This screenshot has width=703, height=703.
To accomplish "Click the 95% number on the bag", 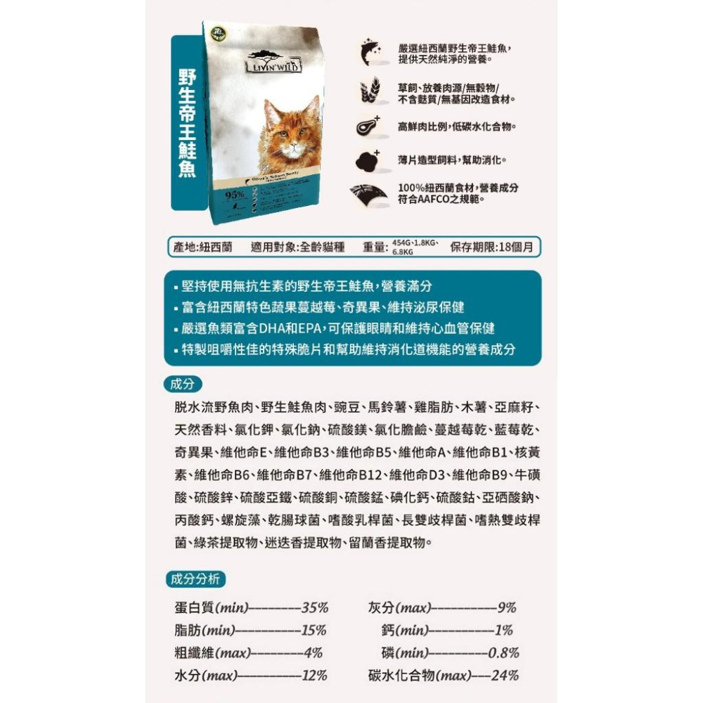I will point(235,194).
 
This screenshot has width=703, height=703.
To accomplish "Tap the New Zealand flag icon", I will point(369,194).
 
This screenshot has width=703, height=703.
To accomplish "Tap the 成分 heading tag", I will point(182,384).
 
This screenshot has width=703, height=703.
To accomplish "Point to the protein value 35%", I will point(315,608).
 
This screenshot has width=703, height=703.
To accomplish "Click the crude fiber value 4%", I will point(314,652).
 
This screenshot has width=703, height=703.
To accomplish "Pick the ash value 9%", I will point(507,608).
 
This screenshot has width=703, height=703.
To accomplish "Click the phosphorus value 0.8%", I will point(503,652).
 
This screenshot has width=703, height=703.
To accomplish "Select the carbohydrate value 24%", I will point(505,676).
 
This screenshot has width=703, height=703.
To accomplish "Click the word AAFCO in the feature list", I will point(439,200).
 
